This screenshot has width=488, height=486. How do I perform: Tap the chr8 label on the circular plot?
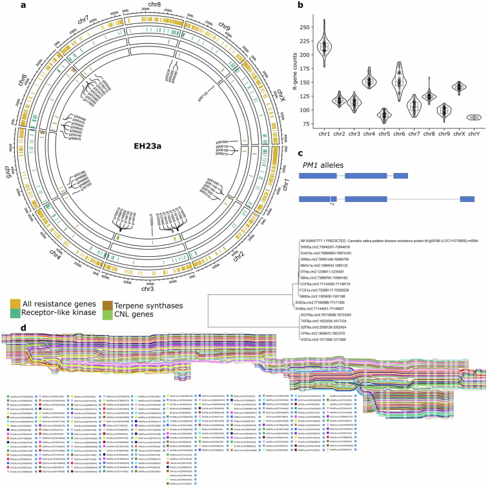click(x=155, y=6)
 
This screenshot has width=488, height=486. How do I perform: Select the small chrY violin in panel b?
click(x=476, y=117)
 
